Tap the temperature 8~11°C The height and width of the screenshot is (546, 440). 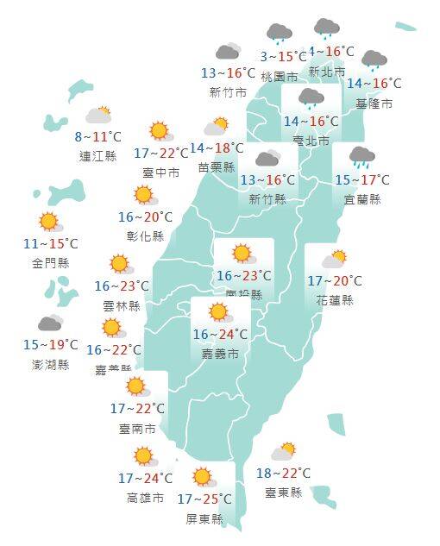tap(97, 137)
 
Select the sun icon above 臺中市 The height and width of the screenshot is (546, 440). tap(160, 131)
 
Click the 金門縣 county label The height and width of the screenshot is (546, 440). tap(51, 263)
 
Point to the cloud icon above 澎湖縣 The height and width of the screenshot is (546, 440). tap(49, 323)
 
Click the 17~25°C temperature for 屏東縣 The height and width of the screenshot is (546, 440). tap(204, 499)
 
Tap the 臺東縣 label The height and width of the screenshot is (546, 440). tap(284, 492)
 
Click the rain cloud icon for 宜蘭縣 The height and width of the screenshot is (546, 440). tap(361, 158)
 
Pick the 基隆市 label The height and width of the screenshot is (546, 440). tap(374, 104)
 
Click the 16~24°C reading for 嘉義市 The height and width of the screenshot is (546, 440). tap(220, 334)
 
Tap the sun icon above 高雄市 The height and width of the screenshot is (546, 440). tap(145, 457)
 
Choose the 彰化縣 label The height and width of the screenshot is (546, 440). tap(145, 235)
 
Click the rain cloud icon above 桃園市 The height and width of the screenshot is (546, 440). tap(278, 35)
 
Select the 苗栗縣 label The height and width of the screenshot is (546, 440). tap(217, 167)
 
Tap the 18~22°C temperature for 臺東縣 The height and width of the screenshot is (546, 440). tap(284, 473)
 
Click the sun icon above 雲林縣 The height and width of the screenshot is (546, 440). tap(120, 264)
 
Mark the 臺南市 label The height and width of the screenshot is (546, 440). tap(138, 428)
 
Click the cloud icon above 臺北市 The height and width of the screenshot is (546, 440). tap(311, 98)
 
